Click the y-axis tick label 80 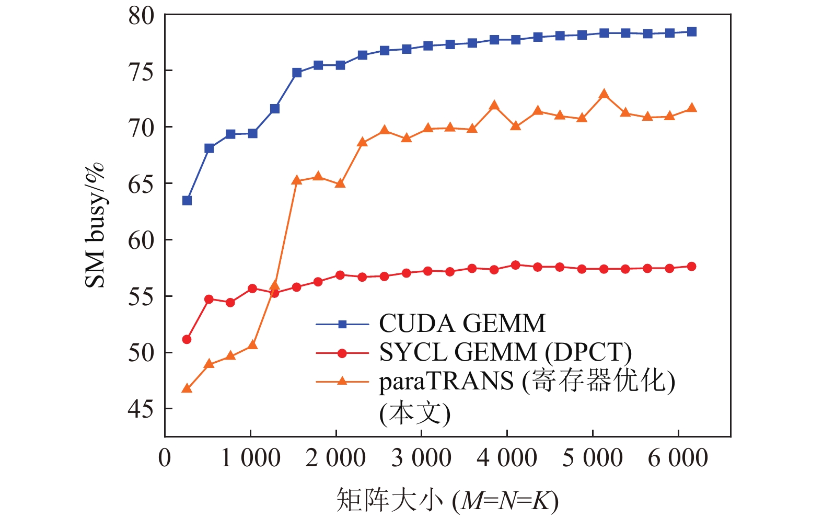(x=141, y=16)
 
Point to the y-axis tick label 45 (x=141, y=409)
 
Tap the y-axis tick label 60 (x=141, y=240)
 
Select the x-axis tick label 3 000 (x=421, y=458)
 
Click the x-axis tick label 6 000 (x=678, y=458)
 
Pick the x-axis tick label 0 (x=165, y=458)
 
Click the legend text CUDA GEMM (x=462, y=324)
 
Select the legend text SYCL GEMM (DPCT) (x=505, y=353)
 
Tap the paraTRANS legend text (x=527, y=382)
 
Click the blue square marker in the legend (x=342, y=324)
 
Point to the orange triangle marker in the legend (x=342, y=381)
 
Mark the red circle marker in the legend (x=342, y=353)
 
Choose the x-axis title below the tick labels (x=447, y=500)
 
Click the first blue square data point (x=187, y=201)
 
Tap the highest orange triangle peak (x=604, y=94)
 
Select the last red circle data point (x=692, y=267)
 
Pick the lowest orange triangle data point (x=187, y=388)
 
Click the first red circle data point (x=187, y=340)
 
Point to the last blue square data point (x=692, y=32)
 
